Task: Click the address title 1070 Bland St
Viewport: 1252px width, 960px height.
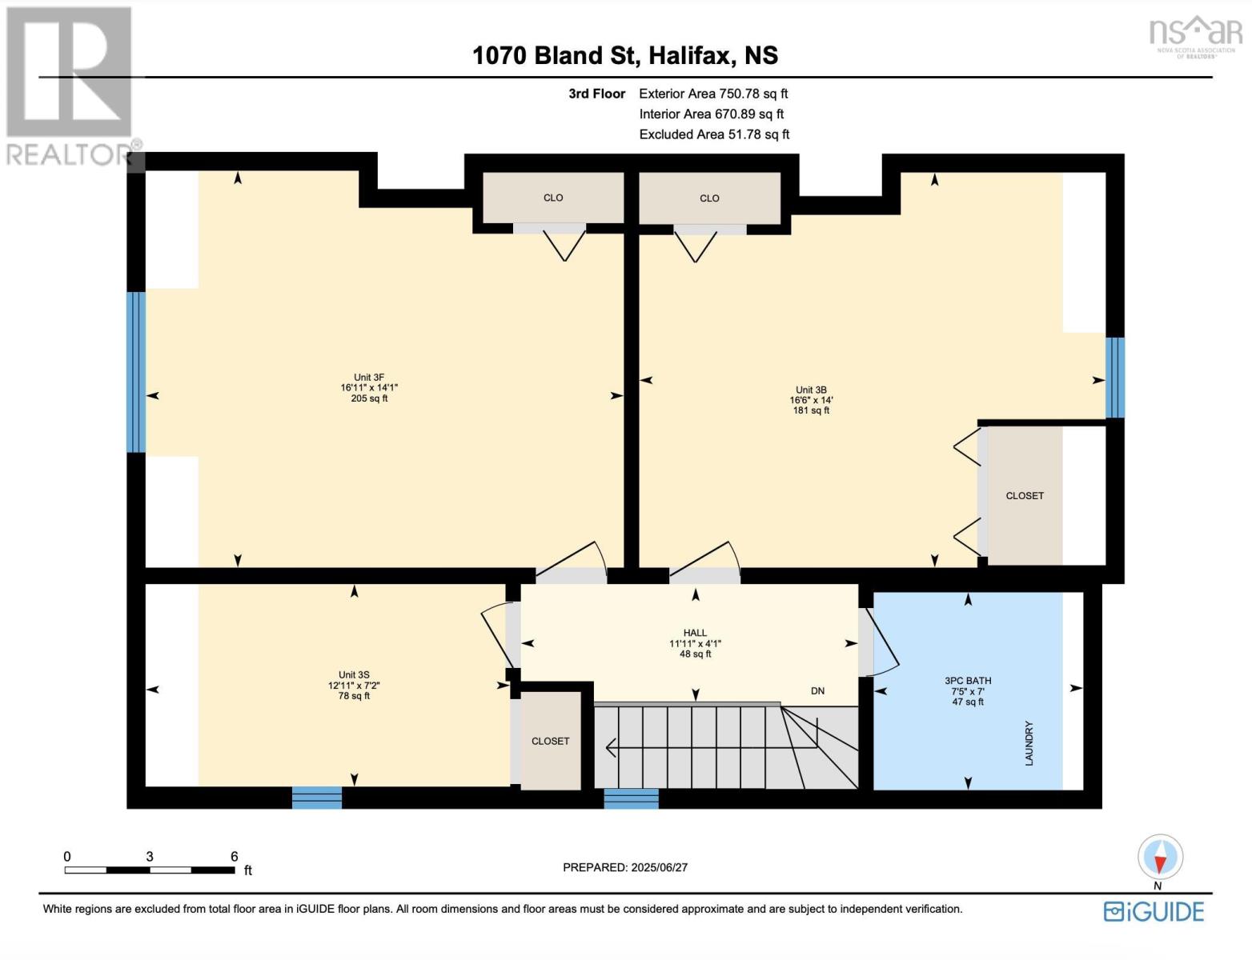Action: [624, 55]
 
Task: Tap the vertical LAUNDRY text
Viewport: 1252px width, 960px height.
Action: [1029, 743]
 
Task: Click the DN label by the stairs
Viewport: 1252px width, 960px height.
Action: [817, 691]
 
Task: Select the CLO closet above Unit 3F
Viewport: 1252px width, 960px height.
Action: [552, 198]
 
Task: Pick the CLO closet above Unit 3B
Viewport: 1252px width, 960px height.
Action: [709, 198]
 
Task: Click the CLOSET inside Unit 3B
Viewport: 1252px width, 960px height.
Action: [1025, 496]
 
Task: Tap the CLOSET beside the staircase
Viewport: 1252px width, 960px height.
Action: [551, 742]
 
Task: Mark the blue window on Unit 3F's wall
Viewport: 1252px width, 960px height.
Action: [137, 372]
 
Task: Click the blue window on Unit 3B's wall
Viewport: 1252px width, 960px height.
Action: [1114, 378]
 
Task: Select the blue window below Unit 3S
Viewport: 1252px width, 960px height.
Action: [317, 798]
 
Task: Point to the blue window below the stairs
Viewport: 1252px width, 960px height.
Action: [631, 798]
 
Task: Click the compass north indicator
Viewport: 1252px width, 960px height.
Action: [1160, 858]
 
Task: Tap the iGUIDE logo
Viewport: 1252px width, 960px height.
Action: [1154, 912]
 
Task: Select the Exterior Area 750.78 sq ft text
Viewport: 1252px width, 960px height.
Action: [713, 94]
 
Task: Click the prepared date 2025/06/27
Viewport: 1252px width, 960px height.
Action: [625, 867]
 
